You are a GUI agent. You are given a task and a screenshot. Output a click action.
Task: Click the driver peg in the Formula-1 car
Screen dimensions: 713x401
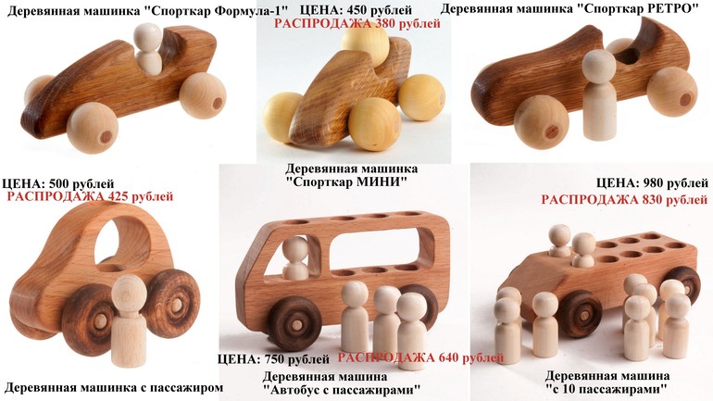click(x=148, y=49)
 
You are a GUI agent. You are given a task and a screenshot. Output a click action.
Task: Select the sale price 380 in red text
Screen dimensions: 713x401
click(x=387, y=23)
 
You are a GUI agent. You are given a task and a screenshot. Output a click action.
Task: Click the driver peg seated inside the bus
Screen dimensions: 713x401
click(x=295, y=257)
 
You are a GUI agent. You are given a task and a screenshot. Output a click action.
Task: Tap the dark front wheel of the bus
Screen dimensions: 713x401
click(x=294, y=323)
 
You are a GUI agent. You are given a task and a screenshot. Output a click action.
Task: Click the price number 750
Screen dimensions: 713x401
click(x=276, y=359)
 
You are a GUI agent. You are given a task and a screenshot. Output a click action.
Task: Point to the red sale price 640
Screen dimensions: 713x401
click(x=451, y=357)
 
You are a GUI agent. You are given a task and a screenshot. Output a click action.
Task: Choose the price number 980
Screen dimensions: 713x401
click(x=655, y=183)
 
